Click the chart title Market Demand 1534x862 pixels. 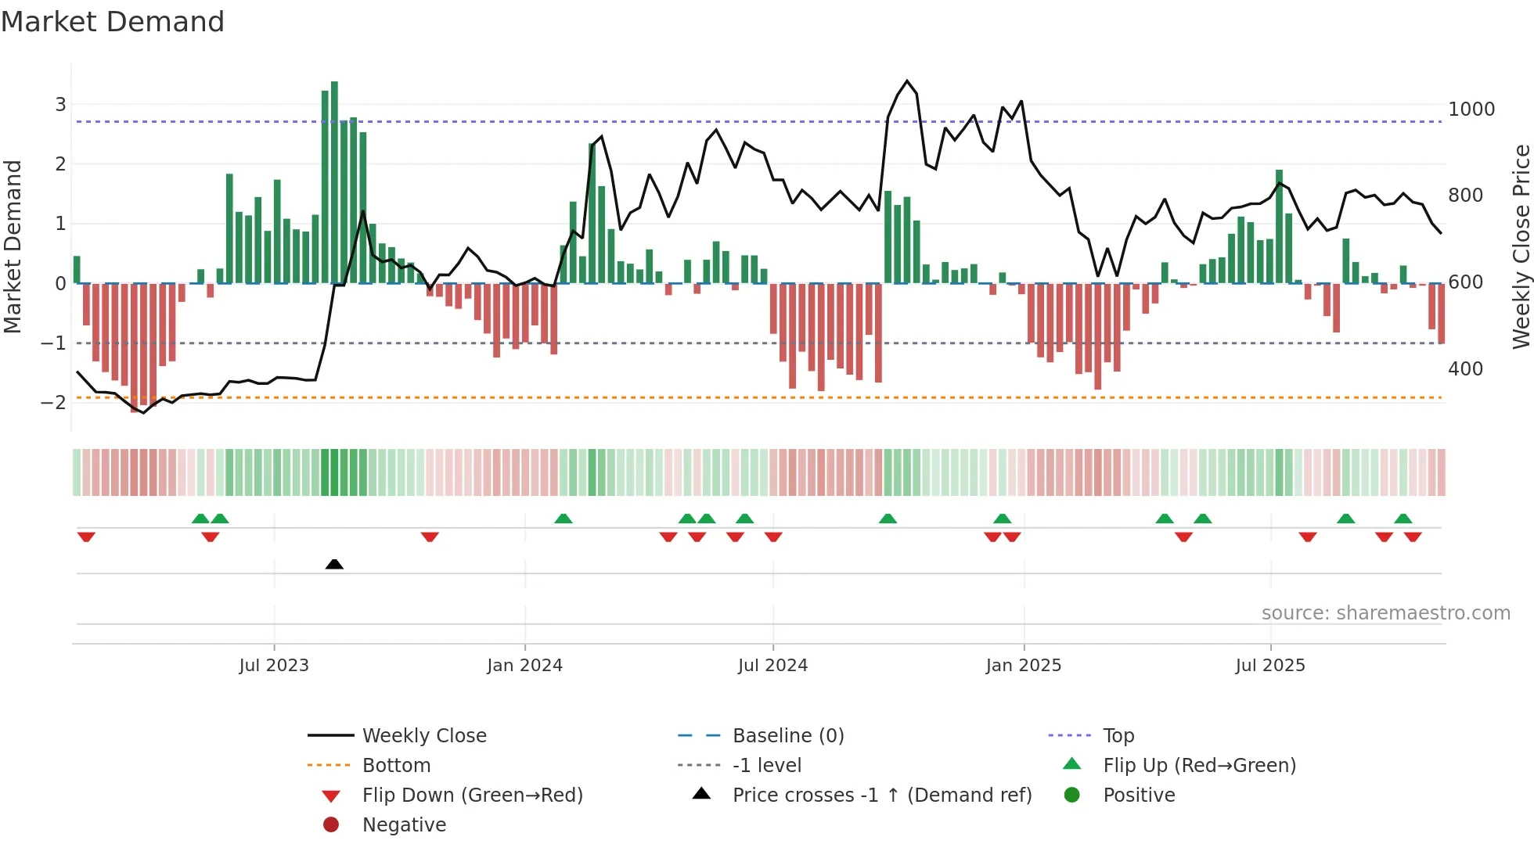click(x=113, y=22)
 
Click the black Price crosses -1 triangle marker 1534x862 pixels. click(x=334, y=564)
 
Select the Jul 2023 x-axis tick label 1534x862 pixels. click(x=274, y=666)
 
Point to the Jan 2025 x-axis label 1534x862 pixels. click(x=1023, y=666)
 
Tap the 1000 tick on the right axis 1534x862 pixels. click(x=1471, y=110)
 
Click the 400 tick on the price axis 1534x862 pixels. click(x=1465, y=369)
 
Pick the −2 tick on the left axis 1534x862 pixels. click(x=53, y=403)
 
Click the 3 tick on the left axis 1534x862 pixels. click(x=60, y=105)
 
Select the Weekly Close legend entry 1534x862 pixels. click(x=423, y=736)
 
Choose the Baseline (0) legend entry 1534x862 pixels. click(x=787, y=736)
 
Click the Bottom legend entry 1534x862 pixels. click(x=396, y=766)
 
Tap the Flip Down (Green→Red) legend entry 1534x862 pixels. click(x=472, y=796)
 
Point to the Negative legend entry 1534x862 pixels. click(x=404, y=825)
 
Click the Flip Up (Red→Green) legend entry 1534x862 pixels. click(x=1199, y=766)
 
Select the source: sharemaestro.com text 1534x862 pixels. click(x=1385, y=613)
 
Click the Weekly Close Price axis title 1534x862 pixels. click(x=1521, y=246)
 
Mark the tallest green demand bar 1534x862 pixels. click(x=334, y=181)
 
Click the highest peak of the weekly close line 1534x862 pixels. click(x=907, y=81)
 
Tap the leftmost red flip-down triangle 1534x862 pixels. click(x=86, y=537)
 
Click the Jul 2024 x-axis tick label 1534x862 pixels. click(x=772, y=666)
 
